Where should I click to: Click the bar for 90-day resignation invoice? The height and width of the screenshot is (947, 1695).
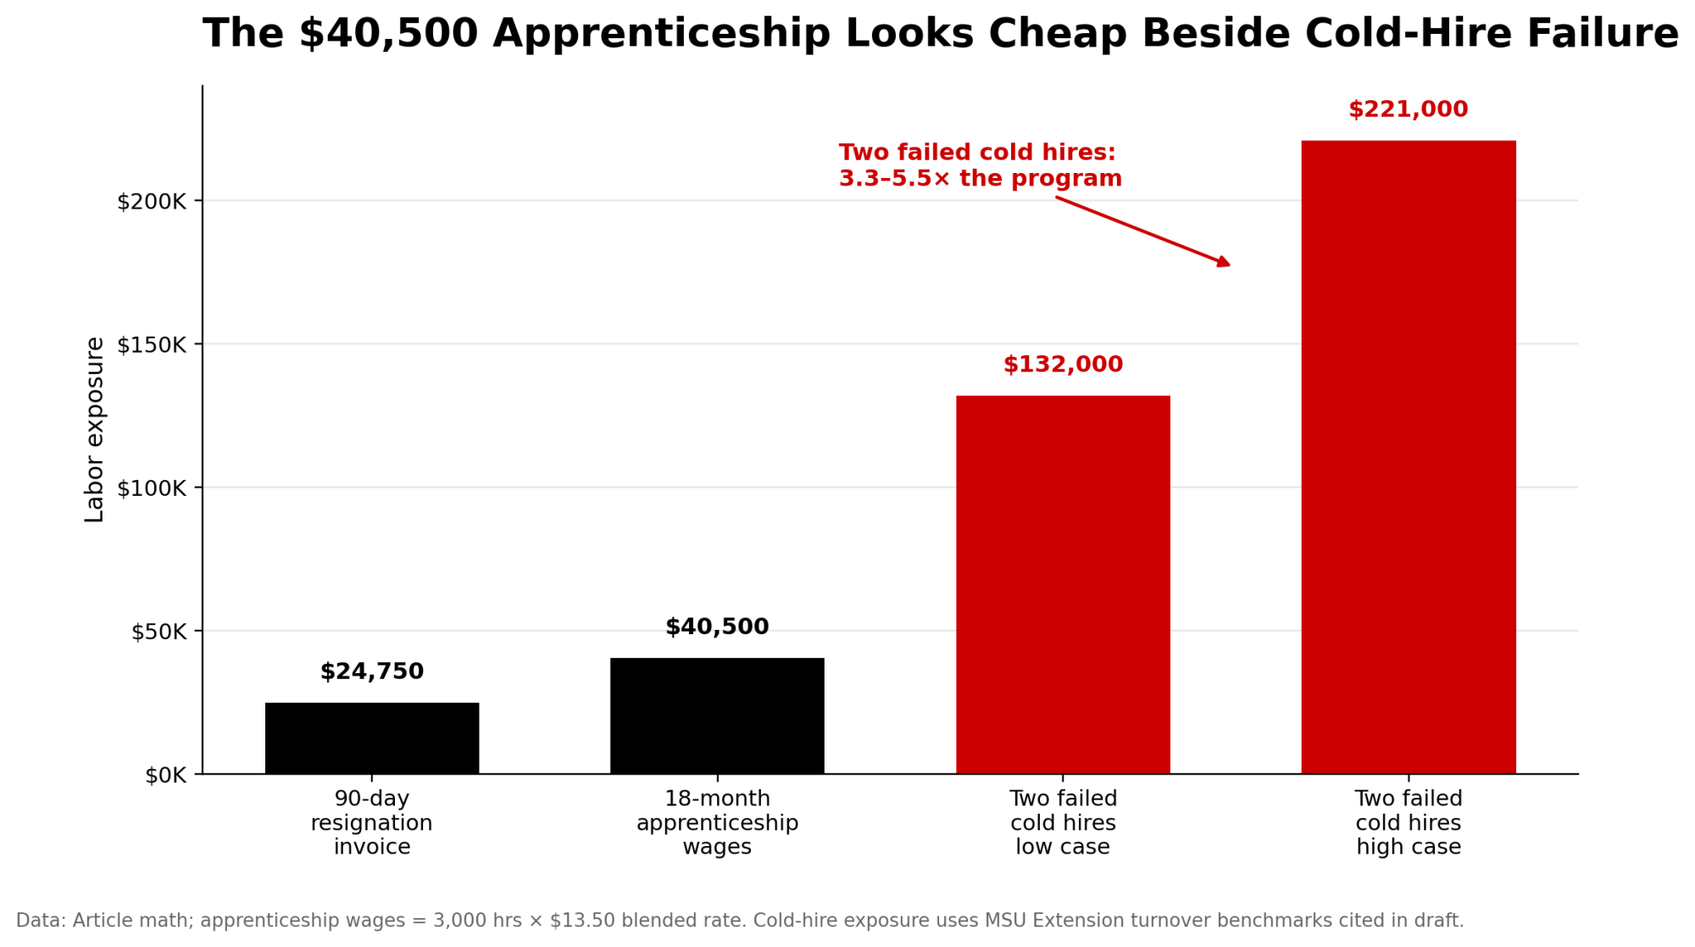point(371,738)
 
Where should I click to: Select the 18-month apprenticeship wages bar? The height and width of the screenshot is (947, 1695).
point(717,716)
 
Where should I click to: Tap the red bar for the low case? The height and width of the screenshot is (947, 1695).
point(1063,585)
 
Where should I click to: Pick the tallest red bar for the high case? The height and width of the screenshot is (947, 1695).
point(1408,458)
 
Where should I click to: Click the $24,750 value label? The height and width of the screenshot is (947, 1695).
point(371,671)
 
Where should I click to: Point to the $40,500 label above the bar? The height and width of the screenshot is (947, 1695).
point(717,627)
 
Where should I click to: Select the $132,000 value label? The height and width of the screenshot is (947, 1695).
point(1063,365)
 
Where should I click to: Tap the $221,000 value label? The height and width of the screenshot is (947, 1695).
point(1408,109)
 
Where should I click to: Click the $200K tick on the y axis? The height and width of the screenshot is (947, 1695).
point(151,202)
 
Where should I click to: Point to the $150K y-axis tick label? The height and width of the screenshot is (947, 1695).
point(151,345)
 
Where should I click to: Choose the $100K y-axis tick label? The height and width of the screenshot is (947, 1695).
point(151,488)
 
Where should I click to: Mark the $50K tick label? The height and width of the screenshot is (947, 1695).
point(158,632)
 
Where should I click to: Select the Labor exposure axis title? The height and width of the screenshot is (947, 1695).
point(94,430)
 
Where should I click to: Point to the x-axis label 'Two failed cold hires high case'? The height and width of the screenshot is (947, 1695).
point(1408,822)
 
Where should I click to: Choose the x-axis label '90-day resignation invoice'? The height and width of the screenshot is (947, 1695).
point(371,822)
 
